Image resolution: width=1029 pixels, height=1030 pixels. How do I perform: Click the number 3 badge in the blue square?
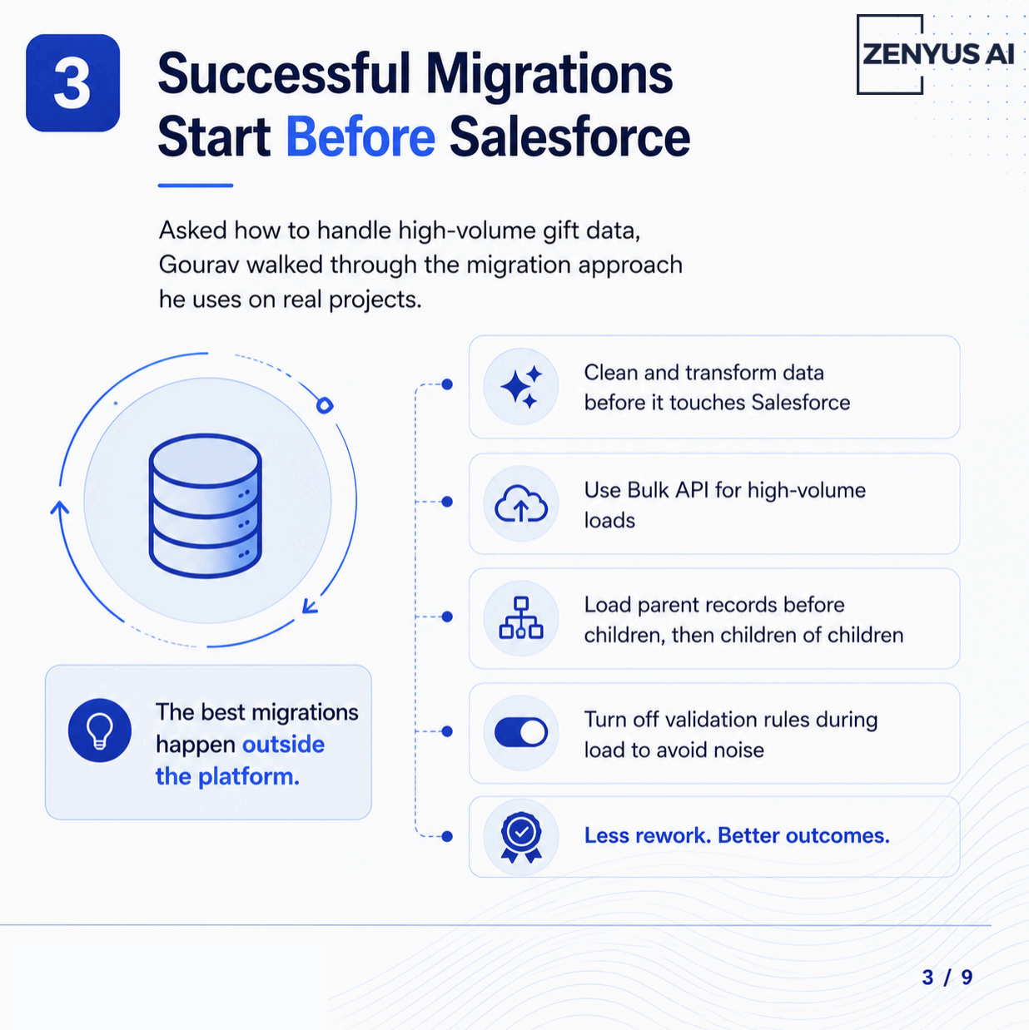[72, 83]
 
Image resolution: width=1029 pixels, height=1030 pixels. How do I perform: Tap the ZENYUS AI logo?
[937, 55]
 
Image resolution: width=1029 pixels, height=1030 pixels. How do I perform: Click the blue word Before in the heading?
[360, 136]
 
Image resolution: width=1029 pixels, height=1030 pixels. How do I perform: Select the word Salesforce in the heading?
[570, 136]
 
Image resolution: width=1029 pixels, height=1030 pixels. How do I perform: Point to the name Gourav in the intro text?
[198, 265]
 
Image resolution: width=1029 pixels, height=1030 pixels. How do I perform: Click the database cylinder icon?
[206, 506]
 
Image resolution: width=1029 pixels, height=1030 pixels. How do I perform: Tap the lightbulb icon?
[100, 730]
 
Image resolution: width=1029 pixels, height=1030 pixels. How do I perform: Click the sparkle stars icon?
[520, 386]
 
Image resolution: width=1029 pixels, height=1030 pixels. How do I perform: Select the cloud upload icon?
[520, 503]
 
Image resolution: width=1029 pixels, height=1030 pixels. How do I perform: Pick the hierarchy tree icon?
[520, 618]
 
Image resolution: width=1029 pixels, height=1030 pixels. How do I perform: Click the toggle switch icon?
[520, 732]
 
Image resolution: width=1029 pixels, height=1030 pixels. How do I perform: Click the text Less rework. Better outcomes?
[737, 835]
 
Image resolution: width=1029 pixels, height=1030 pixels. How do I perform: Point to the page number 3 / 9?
[947, 977]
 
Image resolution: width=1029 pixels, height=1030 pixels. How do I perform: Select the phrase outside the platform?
[241, 760]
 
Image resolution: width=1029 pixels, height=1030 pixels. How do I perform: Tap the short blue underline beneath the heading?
[196, 186]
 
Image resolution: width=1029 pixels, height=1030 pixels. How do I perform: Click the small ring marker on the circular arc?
[325, 405]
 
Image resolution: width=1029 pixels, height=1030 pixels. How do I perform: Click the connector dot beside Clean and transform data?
[447, 384]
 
